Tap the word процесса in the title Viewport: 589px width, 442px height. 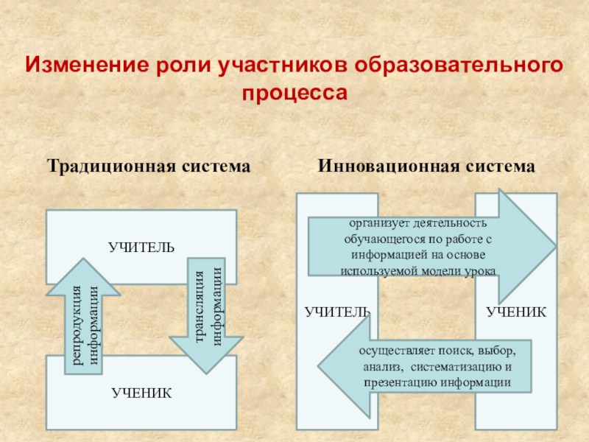click(294, 94)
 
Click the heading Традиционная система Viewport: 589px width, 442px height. click(149, 166)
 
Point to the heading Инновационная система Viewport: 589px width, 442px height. click(426, 166)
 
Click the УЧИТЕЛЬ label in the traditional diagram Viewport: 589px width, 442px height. click(141, 246)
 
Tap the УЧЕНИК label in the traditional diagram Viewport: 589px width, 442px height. click(142, 393)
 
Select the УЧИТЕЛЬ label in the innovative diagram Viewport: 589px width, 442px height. click(337, 312)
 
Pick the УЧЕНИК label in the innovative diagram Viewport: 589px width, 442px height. click(516, 312)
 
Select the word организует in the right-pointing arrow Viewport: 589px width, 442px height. click(376, 222)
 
